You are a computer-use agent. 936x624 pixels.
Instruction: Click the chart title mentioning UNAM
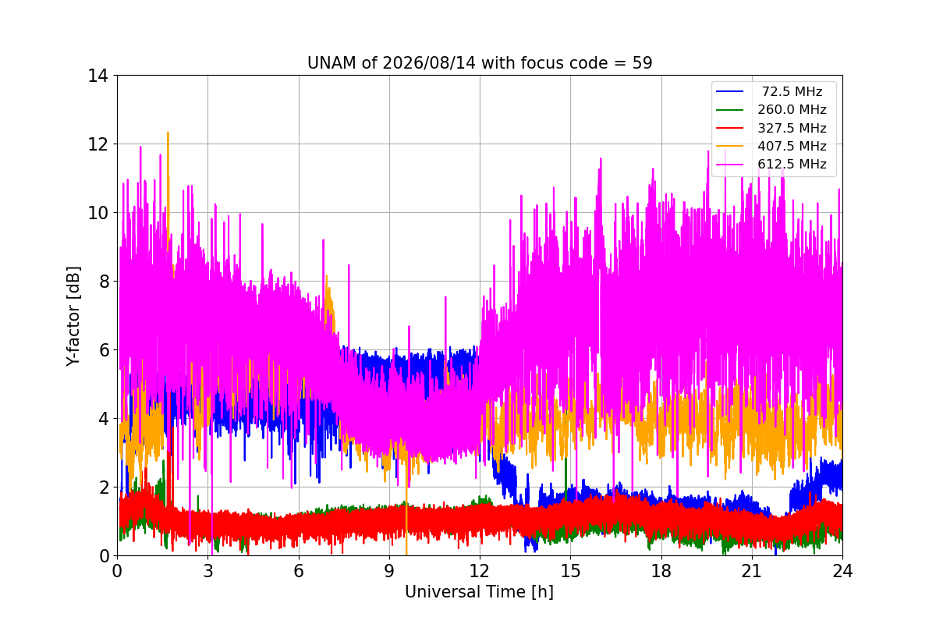479,63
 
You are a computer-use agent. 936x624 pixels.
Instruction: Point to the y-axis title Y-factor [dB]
73,316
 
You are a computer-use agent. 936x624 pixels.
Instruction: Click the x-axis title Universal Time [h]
479,592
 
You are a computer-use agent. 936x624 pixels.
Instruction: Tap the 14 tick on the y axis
97,76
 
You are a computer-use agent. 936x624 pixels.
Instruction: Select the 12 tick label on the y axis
97,144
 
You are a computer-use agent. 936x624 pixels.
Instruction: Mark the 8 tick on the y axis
104,282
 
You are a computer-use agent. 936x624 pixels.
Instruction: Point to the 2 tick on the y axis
104,487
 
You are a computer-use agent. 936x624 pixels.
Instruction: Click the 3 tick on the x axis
208,571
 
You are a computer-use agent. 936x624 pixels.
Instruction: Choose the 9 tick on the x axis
389,571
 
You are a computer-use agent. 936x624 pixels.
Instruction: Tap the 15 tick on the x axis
570,571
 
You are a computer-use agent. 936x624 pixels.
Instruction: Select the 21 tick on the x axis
752,571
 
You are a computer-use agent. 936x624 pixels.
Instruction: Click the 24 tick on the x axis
842,571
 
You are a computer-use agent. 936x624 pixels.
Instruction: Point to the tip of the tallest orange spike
168,133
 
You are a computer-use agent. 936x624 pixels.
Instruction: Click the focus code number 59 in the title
642,63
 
